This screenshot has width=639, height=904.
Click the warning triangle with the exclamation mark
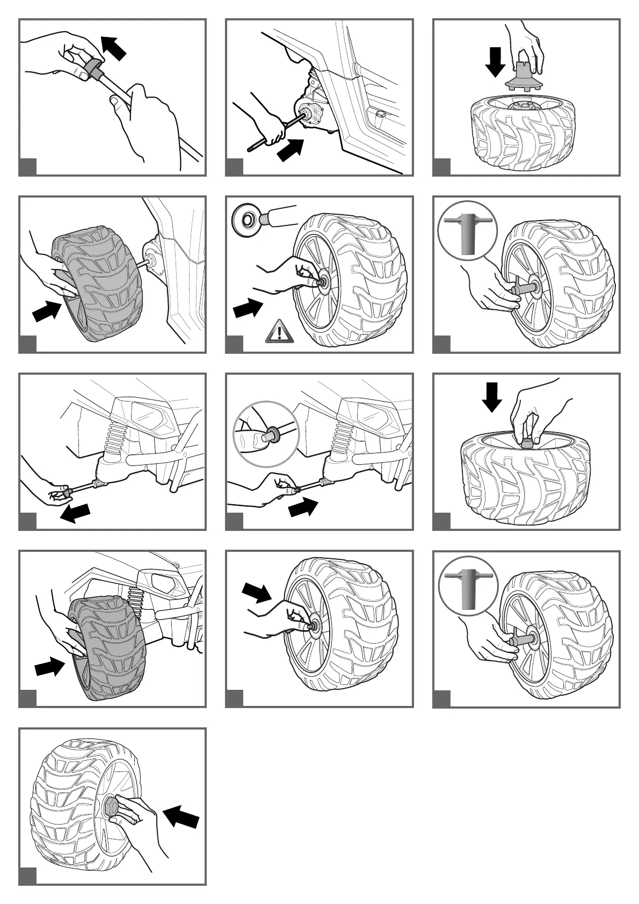click(x=279, y=331)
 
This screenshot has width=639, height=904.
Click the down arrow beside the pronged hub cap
click(x=495, y=62)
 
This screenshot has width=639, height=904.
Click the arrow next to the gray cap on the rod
click(x=114, y=47)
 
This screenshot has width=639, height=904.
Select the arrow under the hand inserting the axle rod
click(x=291, y=149)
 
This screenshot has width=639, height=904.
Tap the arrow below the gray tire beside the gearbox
click(x=47, y=311)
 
